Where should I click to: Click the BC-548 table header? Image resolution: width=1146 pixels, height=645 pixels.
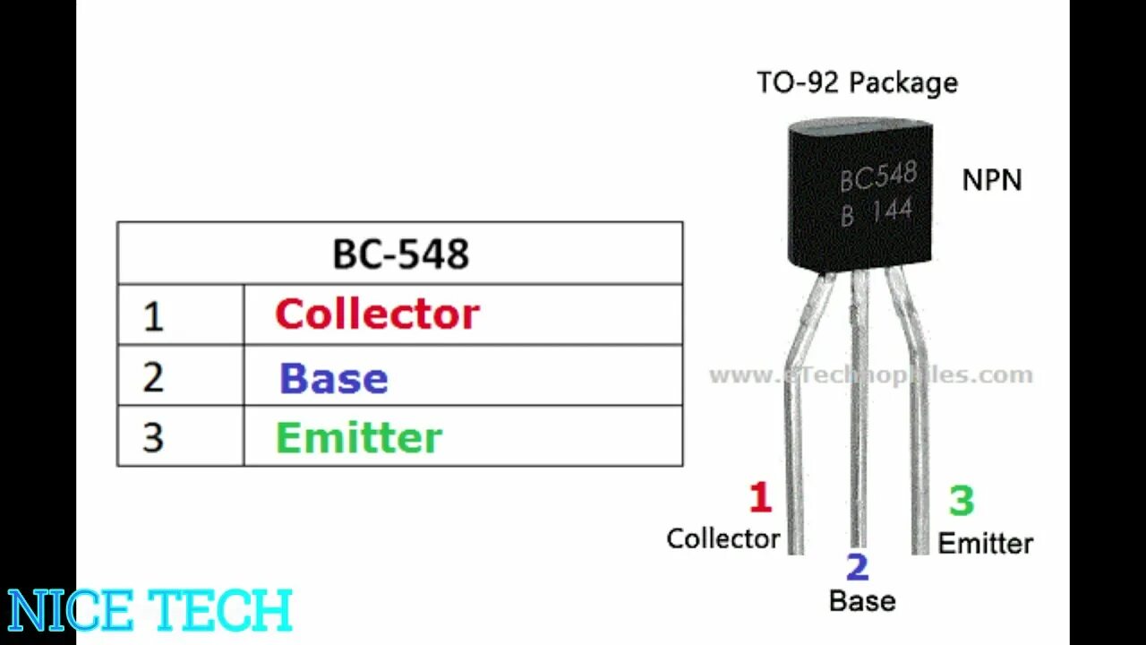pyautogui.click(x=400, y=254)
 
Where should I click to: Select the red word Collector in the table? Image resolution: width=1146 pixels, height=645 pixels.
pyautogui.click(x=377, y=314)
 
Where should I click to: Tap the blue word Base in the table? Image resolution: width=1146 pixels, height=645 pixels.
pyautogui.click(x=333, y=378)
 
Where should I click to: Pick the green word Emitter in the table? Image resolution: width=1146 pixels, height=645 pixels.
pyautogui.click(x=358, y=438)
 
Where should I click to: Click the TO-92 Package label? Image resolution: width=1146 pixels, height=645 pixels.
pyautogui.click(x=857, y=83)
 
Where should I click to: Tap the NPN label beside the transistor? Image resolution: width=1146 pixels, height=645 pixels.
pyautogui.click(x=991, y=180)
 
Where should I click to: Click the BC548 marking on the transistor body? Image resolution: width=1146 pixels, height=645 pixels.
pyautogui.click(x=877, y=176)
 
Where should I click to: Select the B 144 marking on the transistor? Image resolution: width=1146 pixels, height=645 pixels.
pyautogui.click(x=877, y=212)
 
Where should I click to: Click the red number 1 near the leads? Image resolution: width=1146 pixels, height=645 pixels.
pyautogui.click(x=760, y=498)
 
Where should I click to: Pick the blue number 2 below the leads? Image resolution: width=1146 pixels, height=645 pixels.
pyautogui.click(x=857, y=567)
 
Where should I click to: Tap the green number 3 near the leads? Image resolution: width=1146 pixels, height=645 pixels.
pyautogui.click(x=962, y=501)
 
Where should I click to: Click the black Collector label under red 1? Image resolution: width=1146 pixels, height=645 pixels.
pyautogui.click(x=723, y=538)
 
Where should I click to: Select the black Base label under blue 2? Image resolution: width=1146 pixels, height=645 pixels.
pyautogui.click(x=861, y=601)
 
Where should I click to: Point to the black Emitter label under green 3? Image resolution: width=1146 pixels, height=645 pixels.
pyautogui.click(x=985, y=543)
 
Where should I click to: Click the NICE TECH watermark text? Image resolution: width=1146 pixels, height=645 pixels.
pyautogui.click(x=150, y=611)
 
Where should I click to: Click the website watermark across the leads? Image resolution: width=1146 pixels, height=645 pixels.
pyautogui.click(x=870, y=375)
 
